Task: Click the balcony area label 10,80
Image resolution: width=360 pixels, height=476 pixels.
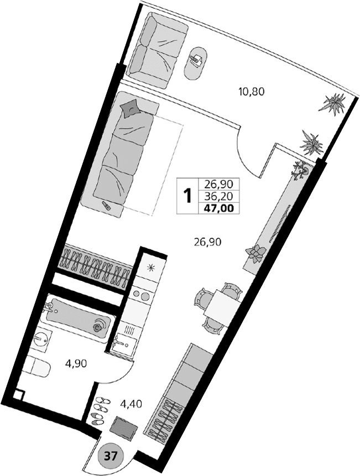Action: click(x=252, y=92)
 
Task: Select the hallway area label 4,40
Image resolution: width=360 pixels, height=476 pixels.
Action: click(x=131, y=404)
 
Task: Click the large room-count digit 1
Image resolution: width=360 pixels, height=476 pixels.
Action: click(x=187, y=195)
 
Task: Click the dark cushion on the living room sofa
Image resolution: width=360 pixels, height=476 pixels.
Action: click(x=132, y=108)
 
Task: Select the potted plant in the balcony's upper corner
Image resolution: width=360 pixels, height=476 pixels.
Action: click(x=334, y=104)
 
